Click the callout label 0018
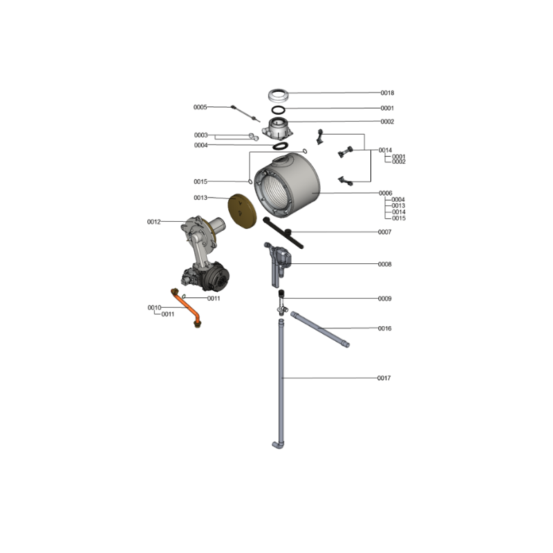click(x=387, y=93)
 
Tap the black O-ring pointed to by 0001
click(x=279, y=109)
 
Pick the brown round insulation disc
click(x=243, y=211)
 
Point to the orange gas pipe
click(x=186, y=308)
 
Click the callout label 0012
click(x=153, y=222)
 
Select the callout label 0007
click(x=384, y=232)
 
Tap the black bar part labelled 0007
click(x=283, y=233)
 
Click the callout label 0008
click(x=384, y=264)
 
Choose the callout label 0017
click(x=384, y=378)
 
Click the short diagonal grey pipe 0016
click(x=320, y=329)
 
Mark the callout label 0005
click(x=200, y=107)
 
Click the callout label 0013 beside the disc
click(x=200, y=198)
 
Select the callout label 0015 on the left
click(x=200, y=182)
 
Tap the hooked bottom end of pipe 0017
click(x=277, y=445)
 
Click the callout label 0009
click(x=384, y=299)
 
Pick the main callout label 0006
click(x=385, y=194)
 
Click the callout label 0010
click(x=154, y=308)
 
